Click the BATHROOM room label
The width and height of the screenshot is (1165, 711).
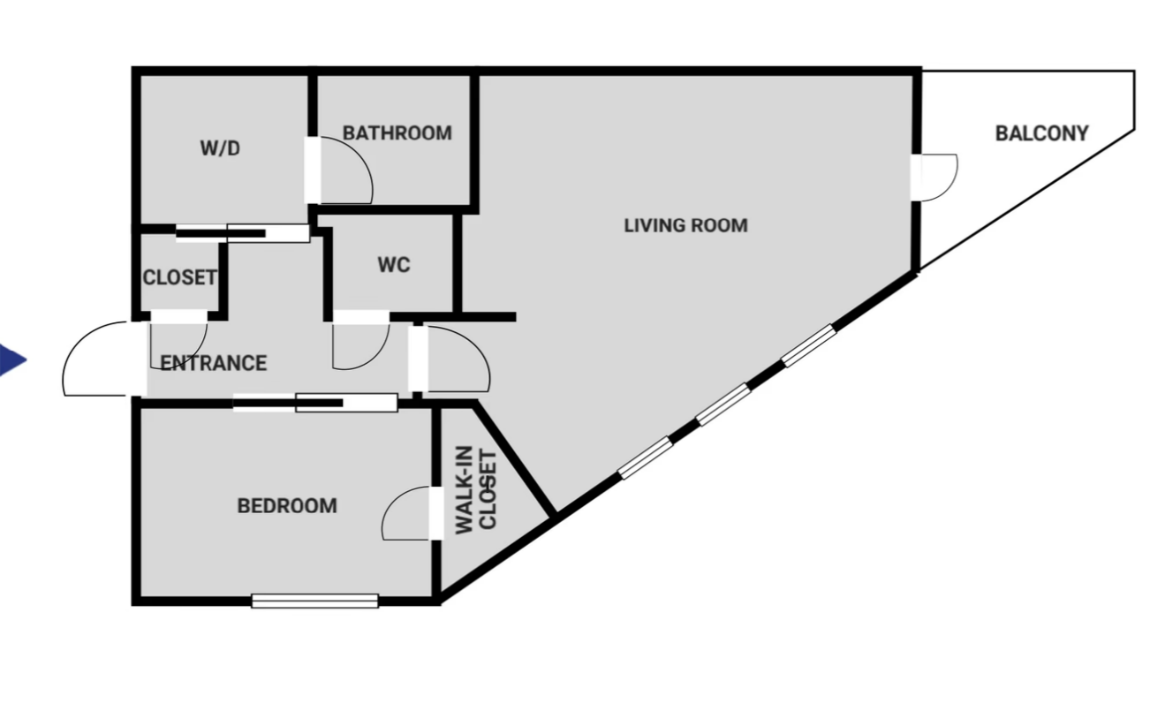click(x=397, y=133)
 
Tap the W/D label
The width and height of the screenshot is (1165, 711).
click(x=220, y=148)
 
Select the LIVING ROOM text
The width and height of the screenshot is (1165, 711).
click(x=685, y=226)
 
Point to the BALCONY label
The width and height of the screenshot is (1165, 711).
click(x=1041, y=133)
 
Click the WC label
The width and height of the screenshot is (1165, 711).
click(x=394, y=265)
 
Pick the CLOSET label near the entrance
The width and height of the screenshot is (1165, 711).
click(x=180, y=277)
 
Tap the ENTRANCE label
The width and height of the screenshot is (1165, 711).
click(x=213, y=363)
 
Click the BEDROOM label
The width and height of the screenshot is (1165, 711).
click(x=287, y=506)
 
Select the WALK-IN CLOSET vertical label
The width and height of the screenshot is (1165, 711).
click(x=476, y=490)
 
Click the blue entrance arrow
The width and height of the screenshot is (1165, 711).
click(x=11, y=360)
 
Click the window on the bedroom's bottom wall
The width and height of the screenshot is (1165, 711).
click(x=314, y=601)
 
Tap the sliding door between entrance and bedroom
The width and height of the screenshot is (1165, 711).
click(x=315, y=403)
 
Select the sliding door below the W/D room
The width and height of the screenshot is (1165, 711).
click(x=243, y=233)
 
